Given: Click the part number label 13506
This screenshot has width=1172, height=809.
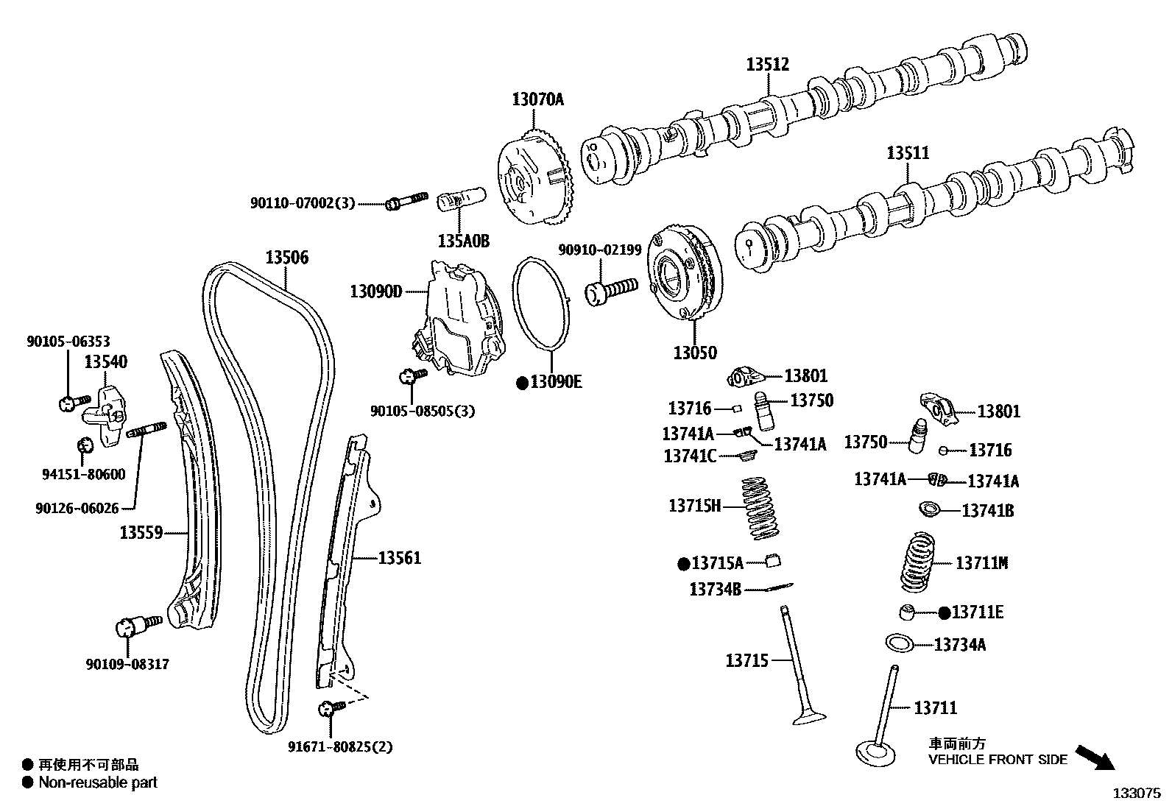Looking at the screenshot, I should point(287,258).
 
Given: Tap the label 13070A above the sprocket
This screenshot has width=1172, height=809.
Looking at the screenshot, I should point(537,99).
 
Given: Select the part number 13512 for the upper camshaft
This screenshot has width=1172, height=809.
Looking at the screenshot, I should point(767,65).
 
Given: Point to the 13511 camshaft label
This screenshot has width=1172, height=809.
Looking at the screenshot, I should point(907,153).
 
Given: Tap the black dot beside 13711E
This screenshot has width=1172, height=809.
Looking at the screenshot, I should point(944,612).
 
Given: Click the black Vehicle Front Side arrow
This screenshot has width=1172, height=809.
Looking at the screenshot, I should point(1095,757).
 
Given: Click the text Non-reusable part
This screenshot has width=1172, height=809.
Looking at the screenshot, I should point(98,782).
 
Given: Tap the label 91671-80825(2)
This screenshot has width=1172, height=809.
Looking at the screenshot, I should point(340,747).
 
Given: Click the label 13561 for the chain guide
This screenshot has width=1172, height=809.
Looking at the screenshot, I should point(400,558).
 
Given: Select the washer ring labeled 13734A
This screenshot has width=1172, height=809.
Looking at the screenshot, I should point(899,643).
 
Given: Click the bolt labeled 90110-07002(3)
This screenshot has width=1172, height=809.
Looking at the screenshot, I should point(406,199).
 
